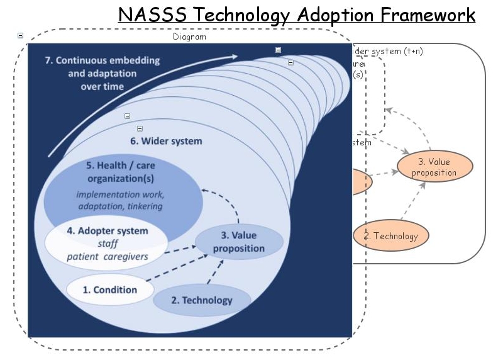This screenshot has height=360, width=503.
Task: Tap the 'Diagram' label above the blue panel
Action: tap(189, 37)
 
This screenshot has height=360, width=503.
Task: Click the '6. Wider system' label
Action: tap(166, 141)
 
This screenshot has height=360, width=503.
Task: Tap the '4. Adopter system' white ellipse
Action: tap(107, 243)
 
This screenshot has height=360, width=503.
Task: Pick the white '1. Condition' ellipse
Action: tap(110, 290)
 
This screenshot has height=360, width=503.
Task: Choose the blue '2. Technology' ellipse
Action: tap(202, 300)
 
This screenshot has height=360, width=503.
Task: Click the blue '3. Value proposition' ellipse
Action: tap(239, 242)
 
